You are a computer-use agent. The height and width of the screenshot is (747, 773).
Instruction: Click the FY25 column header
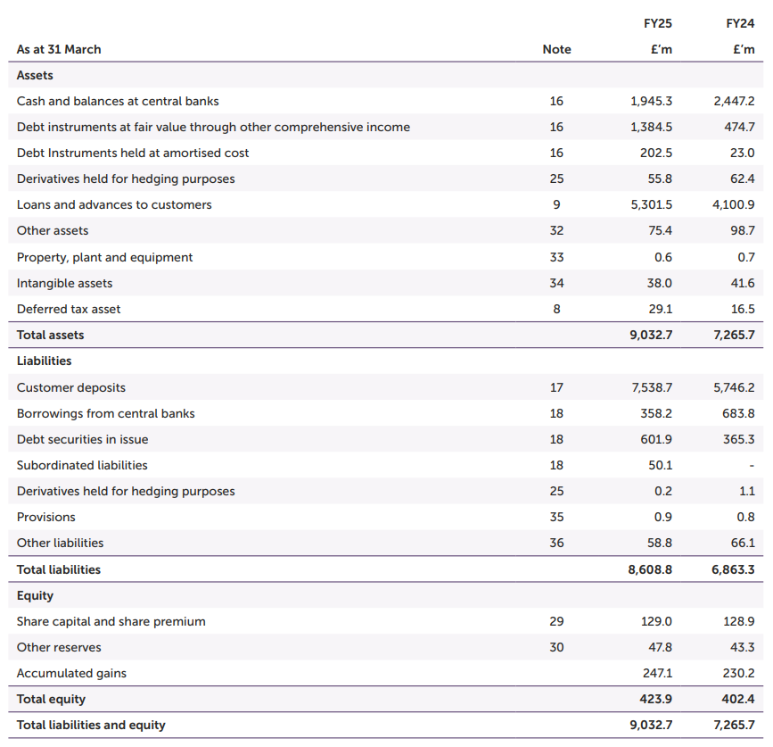[658, 23]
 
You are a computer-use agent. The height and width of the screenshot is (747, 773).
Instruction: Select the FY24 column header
[740, 23]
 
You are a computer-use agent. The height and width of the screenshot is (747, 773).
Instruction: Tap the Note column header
[556, 49]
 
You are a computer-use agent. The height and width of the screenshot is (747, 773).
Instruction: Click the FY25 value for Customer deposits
[651, 387]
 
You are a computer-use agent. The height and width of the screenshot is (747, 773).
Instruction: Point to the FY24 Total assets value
[733, 335]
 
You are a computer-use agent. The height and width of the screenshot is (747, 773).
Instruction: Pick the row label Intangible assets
[64, 283]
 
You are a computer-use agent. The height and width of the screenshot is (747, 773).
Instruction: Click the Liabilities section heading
[44, 361]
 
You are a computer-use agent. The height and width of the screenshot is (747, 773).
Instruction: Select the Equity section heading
[35, 595]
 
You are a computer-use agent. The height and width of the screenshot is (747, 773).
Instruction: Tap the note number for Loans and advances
[556, 204]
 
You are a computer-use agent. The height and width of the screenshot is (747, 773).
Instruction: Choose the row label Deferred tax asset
[69, 309]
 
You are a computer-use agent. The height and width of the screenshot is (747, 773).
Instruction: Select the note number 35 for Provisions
[556, 517]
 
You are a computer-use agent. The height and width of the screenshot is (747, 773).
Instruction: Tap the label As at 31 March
[59, 49]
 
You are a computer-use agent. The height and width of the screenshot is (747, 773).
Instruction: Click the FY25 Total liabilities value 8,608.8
[650, 569]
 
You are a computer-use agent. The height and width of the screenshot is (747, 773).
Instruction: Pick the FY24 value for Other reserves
[742, 647]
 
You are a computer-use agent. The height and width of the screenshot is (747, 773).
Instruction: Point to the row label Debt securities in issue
[82, 439]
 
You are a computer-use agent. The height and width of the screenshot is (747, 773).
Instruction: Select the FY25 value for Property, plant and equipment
[662, 257]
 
